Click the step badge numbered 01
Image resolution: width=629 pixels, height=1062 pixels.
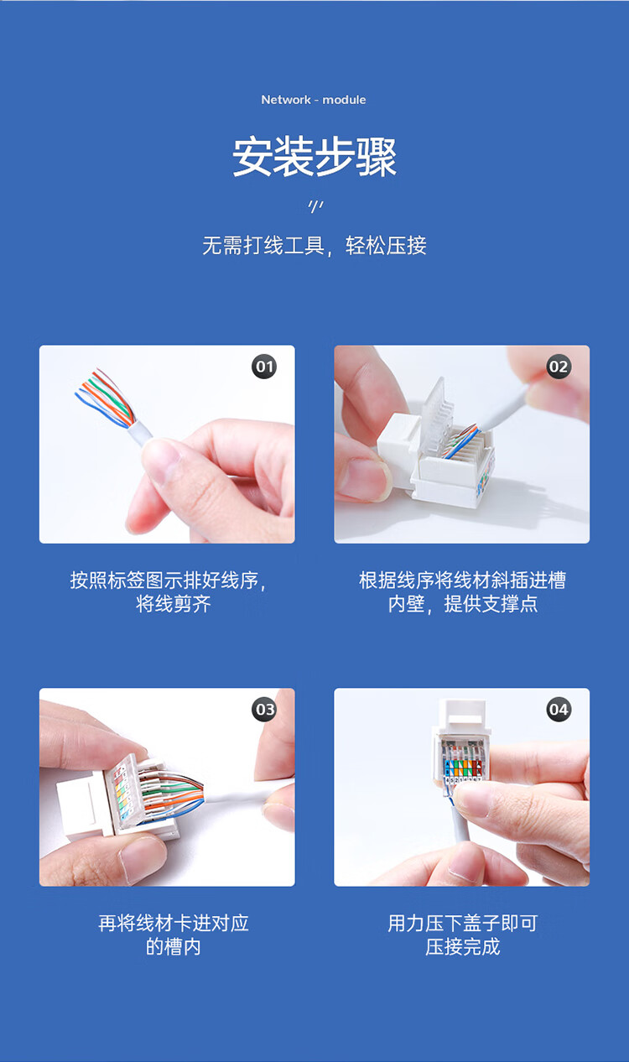pyautogui.click(x=264, y=367)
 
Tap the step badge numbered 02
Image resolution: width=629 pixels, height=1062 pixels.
pyautogui.click(x=559, y=367)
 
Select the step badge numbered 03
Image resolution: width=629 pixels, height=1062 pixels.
pyautogui.click(x=264, y=710)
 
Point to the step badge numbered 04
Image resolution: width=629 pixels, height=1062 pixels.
pyautogui.click(x=559, y=710)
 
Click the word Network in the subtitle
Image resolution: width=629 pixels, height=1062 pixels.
pyautogui.click(x=286, y=100)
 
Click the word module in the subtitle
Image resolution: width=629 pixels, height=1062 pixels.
pyautogui.click(x=344, y=100)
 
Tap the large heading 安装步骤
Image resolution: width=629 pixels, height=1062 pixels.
pyautogui.click(x=314, y=157)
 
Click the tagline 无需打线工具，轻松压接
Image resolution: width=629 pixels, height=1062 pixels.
pyautogui.click(x=314, y=246)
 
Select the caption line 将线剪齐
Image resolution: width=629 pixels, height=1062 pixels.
pyautogui.click(x=173, y=603)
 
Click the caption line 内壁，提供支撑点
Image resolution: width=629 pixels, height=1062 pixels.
pyautogui.click(x=463, y=603)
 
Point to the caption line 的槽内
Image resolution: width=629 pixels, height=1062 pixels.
pyautogui.click(x=173, y=947)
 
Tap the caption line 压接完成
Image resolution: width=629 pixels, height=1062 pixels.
pyautogui.click(x=463, y=947)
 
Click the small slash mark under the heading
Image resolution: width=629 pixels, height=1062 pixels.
pyautogui.click(x=315, y=206)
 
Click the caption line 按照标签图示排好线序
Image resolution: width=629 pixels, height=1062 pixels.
pyautogui.click(x=168, y=580)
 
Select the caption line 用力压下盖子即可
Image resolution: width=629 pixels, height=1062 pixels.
pyautogui.click(x=463, y=923)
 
